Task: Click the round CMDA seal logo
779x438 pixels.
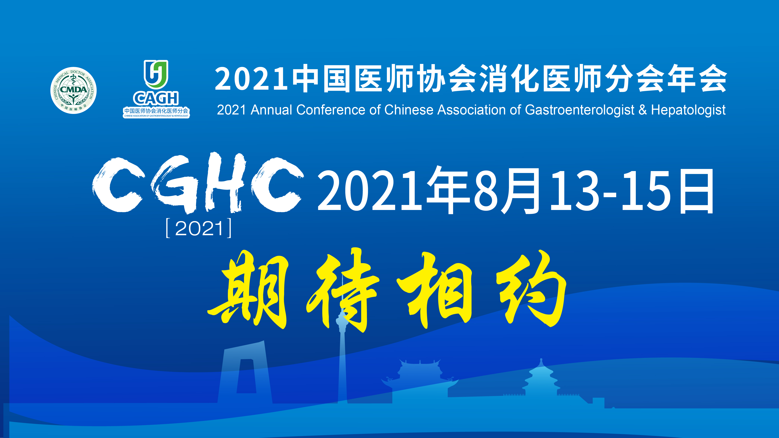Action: pyautogui.click(x=74, y=90)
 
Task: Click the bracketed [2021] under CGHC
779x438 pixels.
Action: pyautogui.click(x=199, y=228)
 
